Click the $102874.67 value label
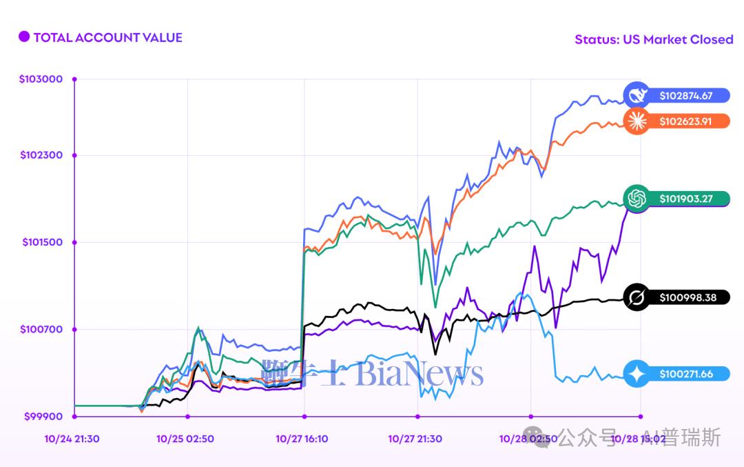pos(685,96)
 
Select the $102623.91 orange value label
pos(685,121)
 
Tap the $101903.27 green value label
pos(685,199)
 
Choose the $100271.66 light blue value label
pos(685,374)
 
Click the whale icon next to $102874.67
pos(636,95)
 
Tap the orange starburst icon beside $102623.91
pos(636,121)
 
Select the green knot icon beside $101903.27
pos(636,199)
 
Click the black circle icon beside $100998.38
pos(636,297)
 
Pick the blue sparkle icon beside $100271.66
pos(636,374)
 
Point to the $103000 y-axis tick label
pos(41,79)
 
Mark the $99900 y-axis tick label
pos(43,416)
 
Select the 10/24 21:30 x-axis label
pos(72,438)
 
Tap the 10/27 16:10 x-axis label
pos(302,438)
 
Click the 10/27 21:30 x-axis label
pos(415,438)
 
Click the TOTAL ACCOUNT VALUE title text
pos(107,37)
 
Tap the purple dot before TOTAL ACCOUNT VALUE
pos(24,37)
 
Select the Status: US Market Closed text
pos(654,39)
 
